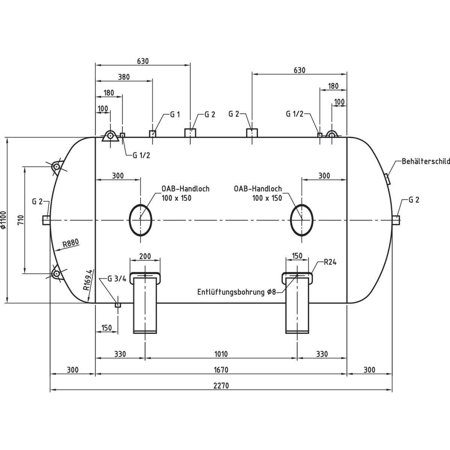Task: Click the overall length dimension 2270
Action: [x=221, y=385]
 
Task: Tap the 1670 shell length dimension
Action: [x=221, y=370]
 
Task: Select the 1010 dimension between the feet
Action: [x=221, y=354]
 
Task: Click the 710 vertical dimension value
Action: [x=21, y=220]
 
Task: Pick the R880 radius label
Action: [x=71, y=244]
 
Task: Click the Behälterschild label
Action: [x=426, y=162]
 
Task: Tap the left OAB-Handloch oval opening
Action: [x=141, y=220]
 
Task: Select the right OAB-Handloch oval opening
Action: [x=302, y=220]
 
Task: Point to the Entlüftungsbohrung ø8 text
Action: [x=237, y=292]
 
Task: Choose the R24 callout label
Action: [x=330, y=262]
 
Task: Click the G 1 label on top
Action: [x=175, y=114]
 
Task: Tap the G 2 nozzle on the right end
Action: [x=396, y=220]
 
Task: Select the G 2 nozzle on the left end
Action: [x=46, y=220]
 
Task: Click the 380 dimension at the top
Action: [x=124, y=77]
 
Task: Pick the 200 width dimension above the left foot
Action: [x=145, y=256]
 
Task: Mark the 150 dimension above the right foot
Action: [x=297, y=256]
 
